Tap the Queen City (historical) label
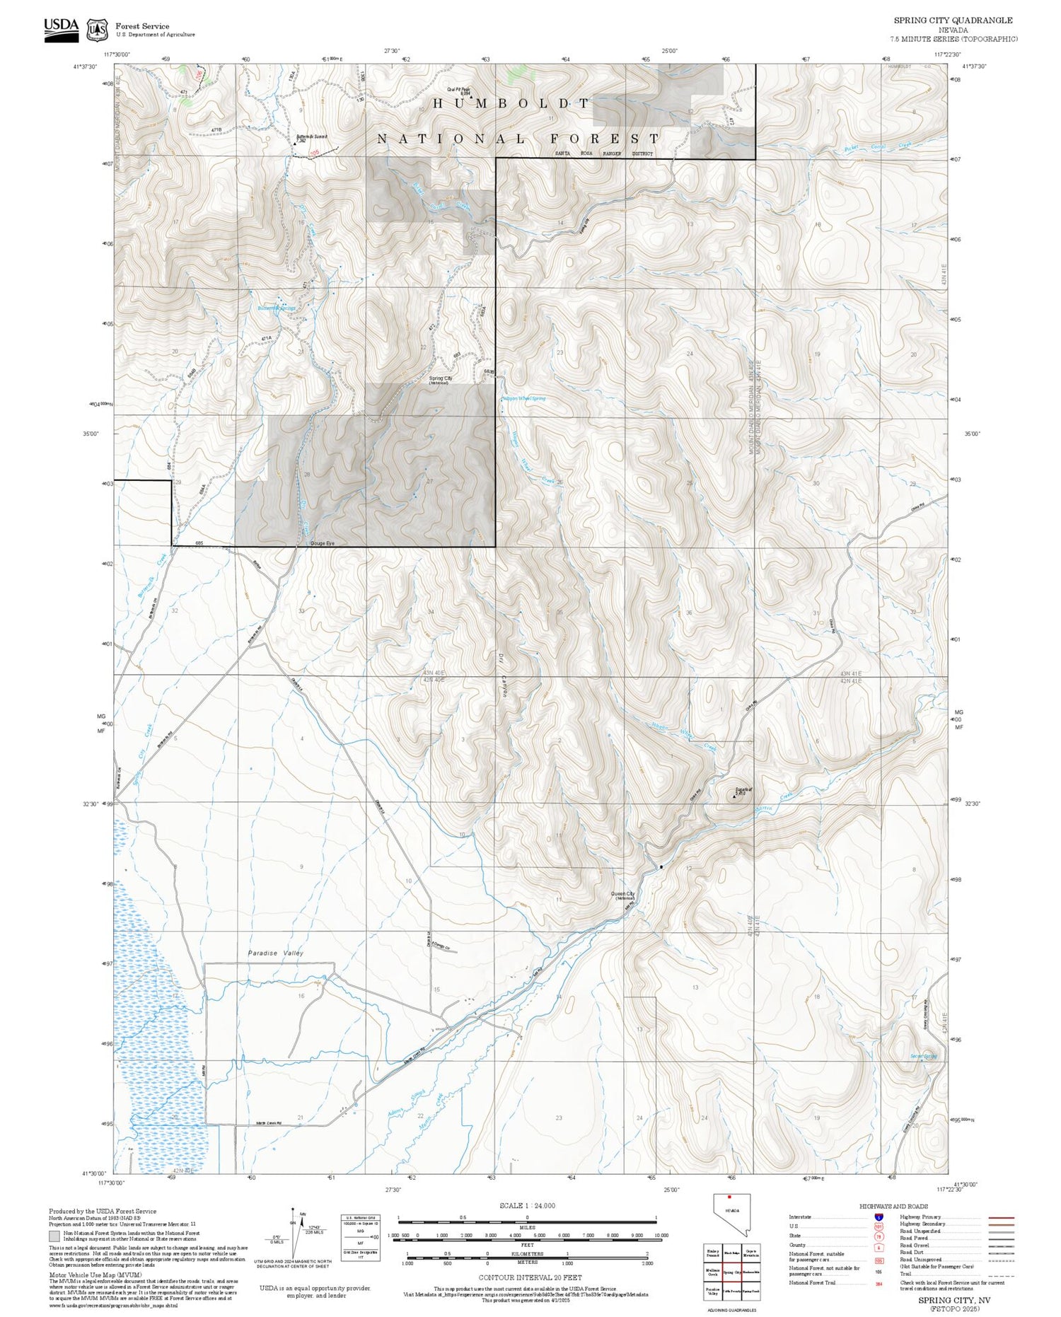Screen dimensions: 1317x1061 [x=622, y=895]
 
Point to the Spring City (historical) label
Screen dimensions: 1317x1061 [x=440, y=380]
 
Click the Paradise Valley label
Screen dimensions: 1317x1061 [x=275, y=953]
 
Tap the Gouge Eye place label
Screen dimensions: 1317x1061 [x=322, y=543]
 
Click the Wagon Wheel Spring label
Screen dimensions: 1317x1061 [x=523, y=399]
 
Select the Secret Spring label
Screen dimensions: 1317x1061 [x=923, y=1056]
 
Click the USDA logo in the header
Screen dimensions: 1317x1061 [x=62, y=29]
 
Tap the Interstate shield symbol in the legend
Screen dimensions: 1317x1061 [x=879, y=1217]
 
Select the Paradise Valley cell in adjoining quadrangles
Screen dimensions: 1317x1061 [x=712, y=1291]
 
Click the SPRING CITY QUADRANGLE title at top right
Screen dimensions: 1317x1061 [x=953, y=21]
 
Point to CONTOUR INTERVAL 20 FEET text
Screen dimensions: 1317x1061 [x=530, y=1277]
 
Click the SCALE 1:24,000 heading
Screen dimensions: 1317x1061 [x=527, y=1205]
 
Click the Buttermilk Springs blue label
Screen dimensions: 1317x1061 [x=276, y=308]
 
